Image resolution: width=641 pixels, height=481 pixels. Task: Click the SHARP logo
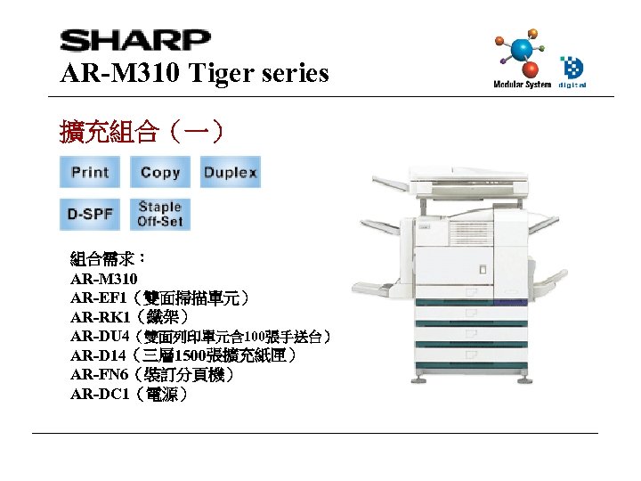coord(134,41)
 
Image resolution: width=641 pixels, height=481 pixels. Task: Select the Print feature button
coord(90,172)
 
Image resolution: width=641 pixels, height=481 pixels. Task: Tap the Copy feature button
coord(160,172)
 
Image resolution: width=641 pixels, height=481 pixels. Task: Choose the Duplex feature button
coord(231,172)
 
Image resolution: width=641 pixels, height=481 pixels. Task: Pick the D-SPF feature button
coord(90,215)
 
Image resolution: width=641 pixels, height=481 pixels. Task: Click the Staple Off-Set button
coord(160,215)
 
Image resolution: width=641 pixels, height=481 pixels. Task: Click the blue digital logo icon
coord(572,69)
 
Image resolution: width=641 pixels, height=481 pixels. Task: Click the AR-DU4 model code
coord(101,336)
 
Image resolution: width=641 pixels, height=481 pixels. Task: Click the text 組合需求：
coord(108,259)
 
